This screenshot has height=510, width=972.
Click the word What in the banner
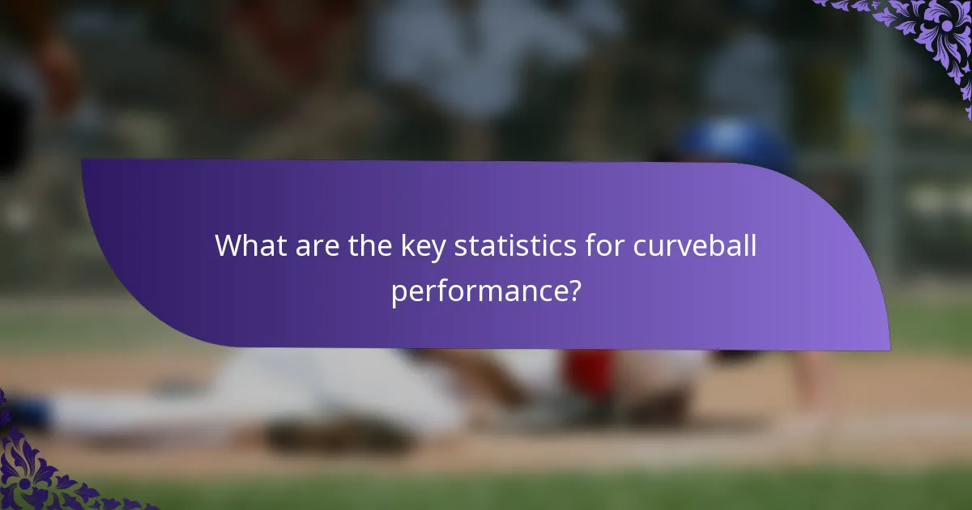point(248,245)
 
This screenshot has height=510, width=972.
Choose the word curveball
point(695,245)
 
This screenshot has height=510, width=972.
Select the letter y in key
point(440,250)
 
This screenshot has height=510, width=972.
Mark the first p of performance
point(399,292)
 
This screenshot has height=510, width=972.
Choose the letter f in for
point(589,245)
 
